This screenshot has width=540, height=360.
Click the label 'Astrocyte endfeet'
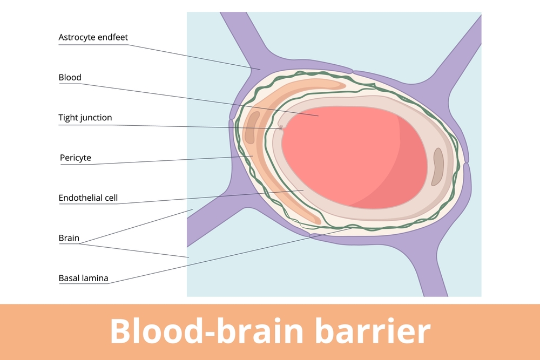93,37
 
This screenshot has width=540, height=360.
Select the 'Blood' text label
70,77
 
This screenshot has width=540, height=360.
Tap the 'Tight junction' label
85,118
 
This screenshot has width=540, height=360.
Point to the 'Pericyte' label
76,158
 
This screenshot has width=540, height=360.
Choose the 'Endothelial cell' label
88,198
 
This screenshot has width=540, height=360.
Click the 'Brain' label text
69,238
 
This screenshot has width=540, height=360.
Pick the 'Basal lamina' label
84,279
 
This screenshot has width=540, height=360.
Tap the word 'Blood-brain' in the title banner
208,330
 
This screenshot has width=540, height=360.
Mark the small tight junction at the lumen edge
281,128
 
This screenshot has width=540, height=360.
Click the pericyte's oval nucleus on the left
250,127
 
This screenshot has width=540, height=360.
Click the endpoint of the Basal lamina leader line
352,228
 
